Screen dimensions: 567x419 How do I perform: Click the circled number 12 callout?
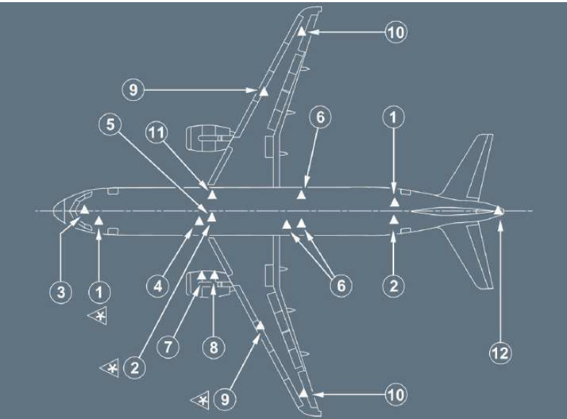point(501,353)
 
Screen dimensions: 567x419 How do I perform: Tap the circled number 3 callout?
point(61,291)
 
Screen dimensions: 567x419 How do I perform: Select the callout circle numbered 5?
point(110,124)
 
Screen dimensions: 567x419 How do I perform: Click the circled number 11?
point(156,133)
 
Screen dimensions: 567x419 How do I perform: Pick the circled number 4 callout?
point(158,286)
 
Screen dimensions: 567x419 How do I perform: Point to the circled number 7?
point(168,347)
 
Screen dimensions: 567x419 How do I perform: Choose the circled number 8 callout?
point(214,348)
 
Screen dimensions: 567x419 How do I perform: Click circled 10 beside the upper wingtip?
point(396,32)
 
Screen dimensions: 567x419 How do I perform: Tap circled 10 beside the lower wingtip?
point(396,394)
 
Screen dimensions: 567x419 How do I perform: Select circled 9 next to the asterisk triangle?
point(225,400)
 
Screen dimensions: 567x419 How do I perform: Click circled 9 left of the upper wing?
point(133,89)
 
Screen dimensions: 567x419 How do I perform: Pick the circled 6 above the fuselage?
point(321,117)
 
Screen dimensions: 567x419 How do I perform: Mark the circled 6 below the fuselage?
point(341,286)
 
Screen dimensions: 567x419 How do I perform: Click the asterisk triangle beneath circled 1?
point(98,316)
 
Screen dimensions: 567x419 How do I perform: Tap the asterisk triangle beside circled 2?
point(110,369)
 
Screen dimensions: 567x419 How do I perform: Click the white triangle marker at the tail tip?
point(499,211)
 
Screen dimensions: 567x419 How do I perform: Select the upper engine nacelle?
point(208,138)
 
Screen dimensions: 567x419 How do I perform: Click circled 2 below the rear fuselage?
point(393,286)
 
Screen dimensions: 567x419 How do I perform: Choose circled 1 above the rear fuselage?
point(393,117)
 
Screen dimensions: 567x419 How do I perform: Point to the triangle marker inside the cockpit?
point(84,209)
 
